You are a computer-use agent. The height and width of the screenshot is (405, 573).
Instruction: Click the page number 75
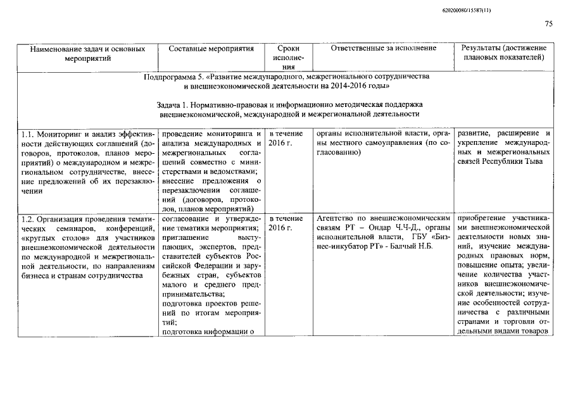click(x=548, y=24)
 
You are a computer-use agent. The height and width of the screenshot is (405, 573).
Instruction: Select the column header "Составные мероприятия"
click(x=211, y=48)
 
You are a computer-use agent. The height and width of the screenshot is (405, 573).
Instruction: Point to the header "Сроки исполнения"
click(x=288, y=57)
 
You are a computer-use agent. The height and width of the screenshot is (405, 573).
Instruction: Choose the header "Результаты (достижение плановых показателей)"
click(x=503, y=53)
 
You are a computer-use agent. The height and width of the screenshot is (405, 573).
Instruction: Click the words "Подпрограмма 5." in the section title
click(x=171, y=76)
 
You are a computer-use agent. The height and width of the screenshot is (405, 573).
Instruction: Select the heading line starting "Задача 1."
click(x=289, y=104)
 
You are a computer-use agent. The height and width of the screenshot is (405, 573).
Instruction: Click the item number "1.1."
click(x=27, y=134)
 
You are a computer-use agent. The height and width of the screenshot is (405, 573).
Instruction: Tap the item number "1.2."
click(x=27, y=219)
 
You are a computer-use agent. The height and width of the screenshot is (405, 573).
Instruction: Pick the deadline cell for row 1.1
click(x=287, y=139)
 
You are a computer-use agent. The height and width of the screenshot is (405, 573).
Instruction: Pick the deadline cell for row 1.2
click(x=287, y=223)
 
